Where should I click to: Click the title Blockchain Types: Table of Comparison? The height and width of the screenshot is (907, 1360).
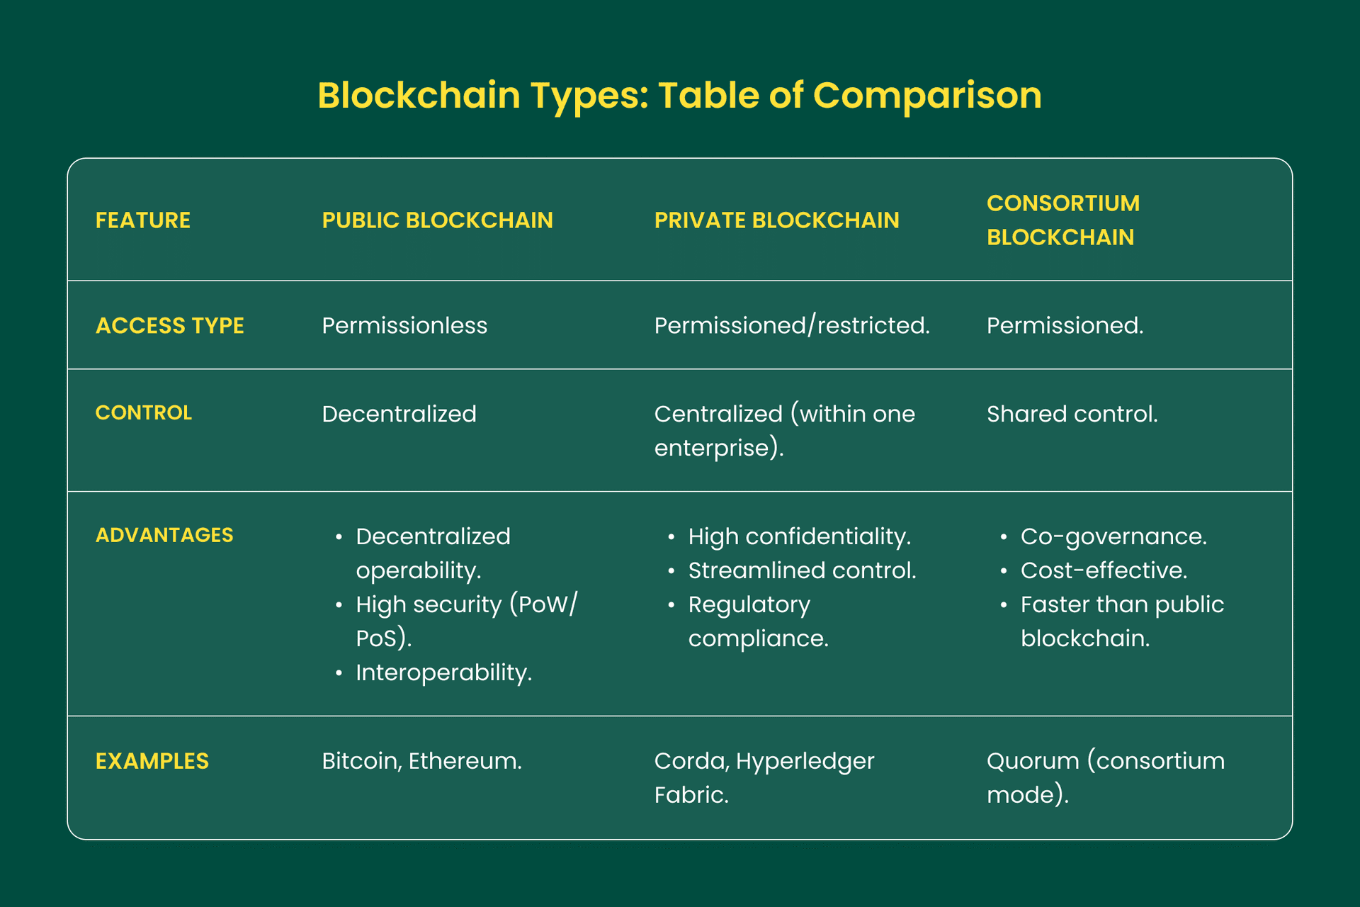click(x=679, y=95)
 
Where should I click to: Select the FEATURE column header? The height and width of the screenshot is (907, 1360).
click(x=143, y=220)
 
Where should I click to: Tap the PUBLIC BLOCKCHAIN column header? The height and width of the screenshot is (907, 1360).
click(x=437, y=220)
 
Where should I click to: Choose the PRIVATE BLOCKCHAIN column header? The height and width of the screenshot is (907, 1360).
click(x=776, y=220)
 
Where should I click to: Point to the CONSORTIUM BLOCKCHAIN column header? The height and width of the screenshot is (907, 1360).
click(x=1062, y=220)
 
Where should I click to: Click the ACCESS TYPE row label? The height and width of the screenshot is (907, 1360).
click(x=169, y=325)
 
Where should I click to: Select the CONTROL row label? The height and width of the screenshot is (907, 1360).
click(x=143, y=412)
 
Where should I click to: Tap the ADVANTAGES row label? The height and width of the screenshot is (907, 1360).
click(x=164, y=535)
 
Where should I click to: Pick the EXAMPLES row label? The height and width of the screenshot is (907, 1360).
click(x=152, y=761)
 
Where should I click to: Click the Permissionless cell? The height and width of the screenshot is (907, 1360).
click(x=404, y=325)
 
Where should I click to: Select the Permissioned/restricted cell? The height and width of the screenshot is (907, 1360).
click(x=791, y=325)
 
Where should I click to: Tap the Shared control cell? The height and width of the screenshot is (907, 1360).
click(x=1072, y=414)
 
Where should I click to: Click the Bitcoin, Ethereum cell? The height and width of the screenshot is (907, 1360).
click(x=421, y=761)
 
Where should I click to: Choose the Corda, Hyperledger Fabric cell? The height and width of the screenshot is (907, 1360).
click(x=764, y=777)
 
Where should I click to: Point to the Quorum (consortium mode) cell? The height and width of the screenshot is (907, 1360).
click(x=1105, y=777)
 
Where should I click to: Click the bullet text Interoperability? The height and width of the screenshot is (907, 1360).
click(x=443, y=672)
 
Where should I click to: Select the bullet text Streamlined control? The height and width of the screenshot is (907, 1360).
click(x=802, y=570)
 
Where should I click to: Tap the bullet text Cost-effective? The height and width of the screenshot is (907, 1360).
click(x=1104, y=570)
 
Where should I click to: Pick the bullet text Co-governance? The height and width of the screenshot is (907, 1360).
click(x=1113, y=536)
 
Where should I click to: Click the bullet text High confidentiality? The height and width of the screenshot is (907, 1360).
click(x=799, y=536)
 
